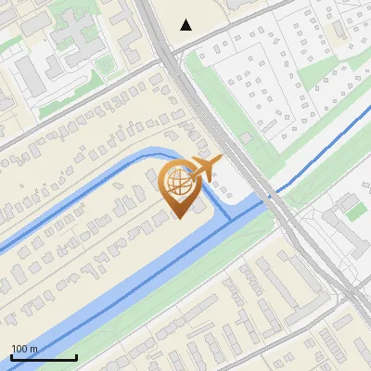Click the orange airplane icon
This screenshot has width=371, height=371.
203,169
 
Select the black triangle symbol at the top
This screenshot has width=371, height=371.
186,25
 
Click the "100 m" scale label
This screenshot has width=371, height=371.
24,349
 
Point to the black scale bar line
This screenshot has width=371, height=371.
44,357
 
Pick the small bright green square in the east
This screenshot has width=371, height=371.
357,211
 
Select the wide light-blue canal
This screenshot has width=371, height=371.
139,278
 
